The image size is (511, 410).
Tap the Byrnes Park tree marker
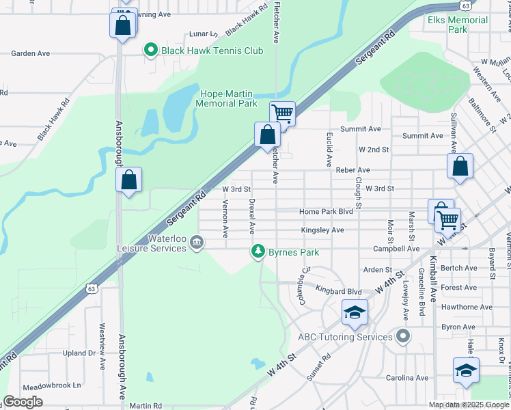point(258,252)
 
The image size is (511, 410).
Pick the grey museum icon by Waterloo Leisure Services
point(197,242)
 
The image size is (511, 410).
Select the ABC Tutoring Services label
point(345,336)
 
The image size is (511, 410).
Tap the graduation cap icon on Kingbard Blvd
point(355,312)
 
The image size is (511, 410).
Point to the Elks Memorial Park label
point(458,25)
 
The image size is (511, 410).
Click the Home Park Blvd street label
point(326,212)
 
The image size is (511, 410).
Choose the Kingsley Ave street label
point(322,230)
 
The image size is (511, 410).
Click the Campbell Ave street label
point(401,249)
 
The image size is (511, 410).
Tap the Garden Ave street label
point(31,53)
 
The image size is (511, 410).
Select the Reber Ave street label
point(353,169)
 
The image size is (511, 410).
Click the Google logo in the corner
point(23,402)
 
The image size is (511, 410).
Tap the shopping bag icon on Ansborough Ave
point(128,180)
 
